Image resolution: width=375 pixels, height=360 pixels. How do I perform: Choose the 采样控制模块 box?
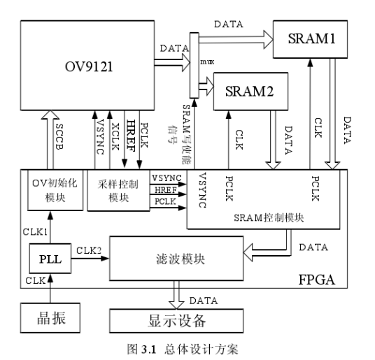[x=113, y=189]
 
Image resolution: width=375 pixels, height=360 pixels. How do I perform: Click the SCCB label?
[x=57, y=138]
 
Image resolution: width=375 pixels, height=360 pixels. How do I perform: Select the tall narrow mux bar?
[x=194, y=64]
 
